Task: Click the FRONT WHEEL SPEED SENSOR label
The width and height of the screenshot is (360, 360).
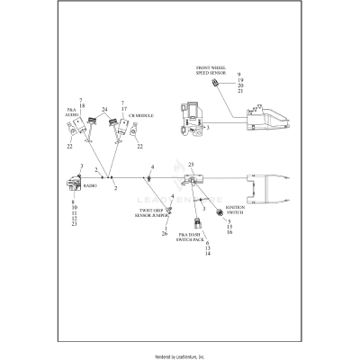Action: (x=215, y=70)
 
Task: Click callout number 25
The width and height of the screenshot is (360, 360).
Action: (x=190, y=166)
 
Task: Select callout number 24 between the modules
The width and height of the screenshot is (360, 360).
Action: (x=104, y=110)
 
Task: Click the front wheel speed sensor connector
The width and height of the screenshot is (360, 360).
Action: (x=216, y=84)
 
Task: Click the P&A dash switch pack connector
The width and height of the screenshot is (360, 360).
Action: (x=196, y=220)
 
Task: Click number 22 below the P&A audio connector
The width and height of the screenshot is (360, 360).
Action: (x=69, y=146)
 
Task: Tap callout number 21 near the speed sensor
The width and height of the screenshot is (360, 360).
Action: (x=239, y=93)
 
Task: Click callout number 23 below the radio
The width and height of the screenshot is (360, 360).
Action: (x=72, y=222)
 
